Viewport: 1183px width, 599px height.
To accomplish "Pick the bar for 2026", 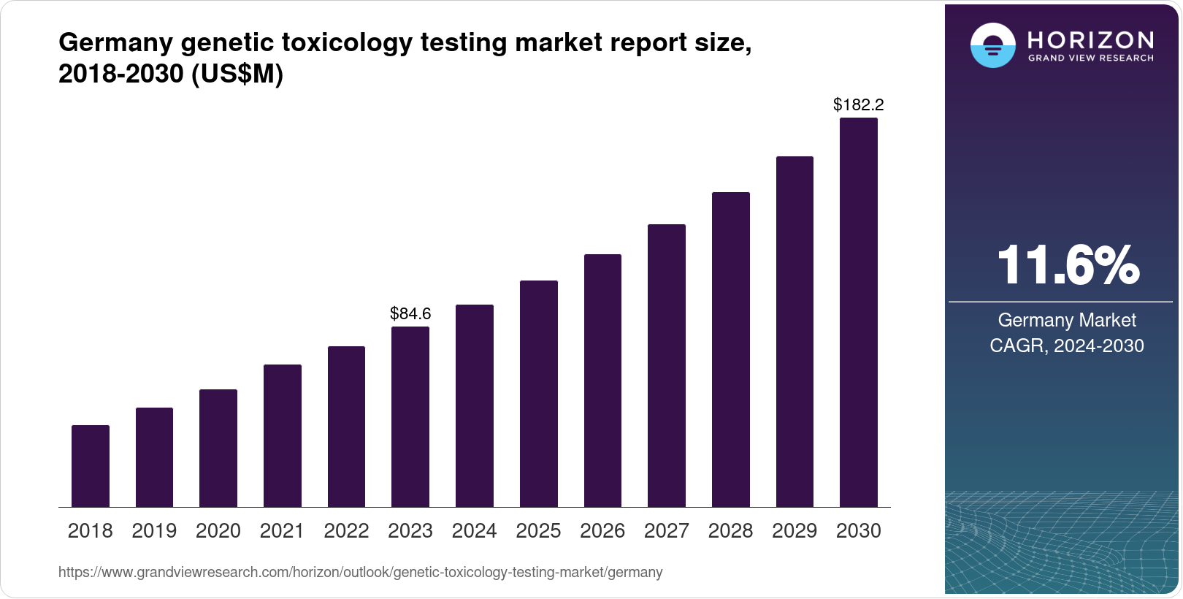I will click(x=602, y=381).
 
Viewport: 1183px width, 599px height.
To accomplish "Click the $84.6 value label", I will click(x=410, y=314).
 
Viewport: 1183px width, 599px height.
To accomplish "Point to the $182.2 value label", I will click(x=859, y=105).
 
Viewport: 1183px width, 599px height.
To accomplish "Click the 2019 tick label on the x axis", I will click(x=154, y=531).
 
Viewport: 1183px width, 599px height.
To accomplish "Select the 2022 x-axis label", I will click(x=346, y=531).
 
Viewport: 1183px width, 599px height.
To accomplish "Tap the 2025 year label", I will click(x=538, y=531).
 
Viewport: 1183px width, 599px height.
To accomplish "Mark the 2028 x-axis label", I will click(x=730, y=531).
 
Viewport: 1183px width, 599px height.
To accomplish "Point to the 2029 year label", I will click(x=795, y=531).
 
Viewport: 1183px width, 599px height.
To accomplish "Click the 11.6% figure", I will click(x=1068, y=265).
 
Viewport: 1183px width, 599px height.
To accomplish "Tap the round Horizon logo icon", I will click(x=992, y=45).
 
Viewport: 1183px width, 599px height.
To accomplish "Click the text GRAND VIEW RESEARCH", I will click(x=1091, y=58).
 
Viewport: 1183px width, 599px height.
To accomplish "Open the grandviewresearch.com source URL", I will click(x=361, y=573).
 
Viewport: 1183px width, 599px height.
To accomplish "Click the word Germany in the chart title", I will click(x=115, y=43).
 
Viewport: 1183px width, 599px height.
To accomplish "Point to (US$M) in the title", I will click(x=237, y=75).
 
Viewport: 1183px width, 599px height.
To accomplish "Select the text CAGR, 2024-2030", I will click(x=1067, y=346).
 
